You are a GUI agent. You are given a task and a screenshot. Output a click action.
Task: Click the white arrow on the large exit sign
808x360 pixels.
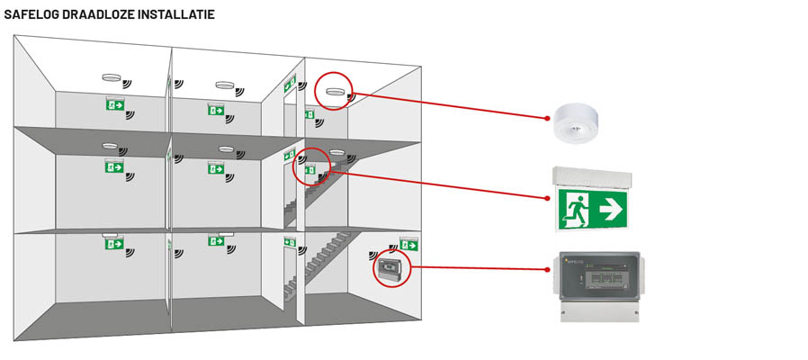click(x=611, y=210)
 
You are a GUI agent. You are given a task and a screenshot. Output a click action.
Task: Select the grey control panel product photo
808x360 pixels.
click(x=598, y=285)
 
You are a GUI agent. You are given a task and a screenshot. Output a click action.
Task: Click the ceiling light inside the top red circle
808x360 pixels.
click(x=335, y=91)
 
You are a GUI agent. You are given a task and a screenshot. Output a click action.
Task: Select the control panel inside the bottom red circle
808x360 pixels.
click(x=390, y=269)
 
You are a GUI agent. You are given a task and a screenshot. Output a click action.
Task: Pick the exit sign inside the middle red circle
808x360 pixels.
click(x=310, y=168)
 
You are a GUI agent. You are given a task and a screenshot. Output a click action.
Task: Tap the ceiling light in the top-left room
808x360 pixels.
click(x=112, y=77)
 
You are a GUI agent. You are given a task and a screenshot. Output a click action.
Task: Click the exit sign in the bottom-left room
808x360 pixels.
click(x=113, y=242)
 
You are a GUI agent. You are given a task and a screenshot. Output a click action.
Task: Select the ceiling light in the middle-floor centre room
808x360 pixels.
click(x=226, y=148)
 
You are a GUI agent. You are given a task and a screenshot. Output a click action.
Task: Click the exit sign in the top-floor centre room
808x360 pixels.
click(x=216, y=109)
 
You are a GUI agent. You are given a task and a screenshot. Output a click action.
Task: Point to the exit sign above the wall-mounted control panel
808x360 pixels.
click(x=408, y=244)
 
